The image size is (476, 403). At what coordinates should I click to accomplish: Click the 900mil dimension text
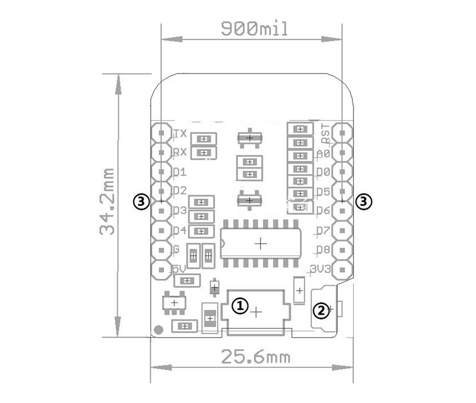pyautogui.click(x=254, y=29)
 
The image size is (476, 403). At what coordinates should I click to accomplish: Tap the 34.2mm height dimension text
pyautogui.click(x=107, y=201)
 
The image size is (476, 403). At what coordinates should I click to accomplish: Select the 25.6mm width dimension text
pyautogui.click(x=255, y=357)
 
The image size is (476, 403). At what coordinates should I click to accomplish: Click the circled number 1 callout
pyautogui.click(x=240, y=306)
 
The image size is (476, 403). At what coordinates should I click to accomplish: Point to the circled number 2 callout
pyautogui.click(x=321, y=311)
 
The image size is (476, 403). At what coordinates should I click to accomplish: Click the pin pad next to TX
pyautogui.click(x=161, y=133)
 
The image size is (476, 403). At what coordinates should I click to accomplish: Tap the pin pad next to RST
pyautogui.click(x=342, y=133)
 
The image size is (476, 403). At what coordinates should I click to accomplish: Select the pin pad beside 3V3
pyautogui.click(x=342, y=270)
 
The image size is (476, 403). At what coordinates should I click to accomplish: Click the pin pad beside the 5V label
pyautogui.click(x=161, y=270)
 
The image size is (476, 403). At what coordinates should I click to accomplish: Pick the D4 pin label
pyautogui.click(x=179, y=230)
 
